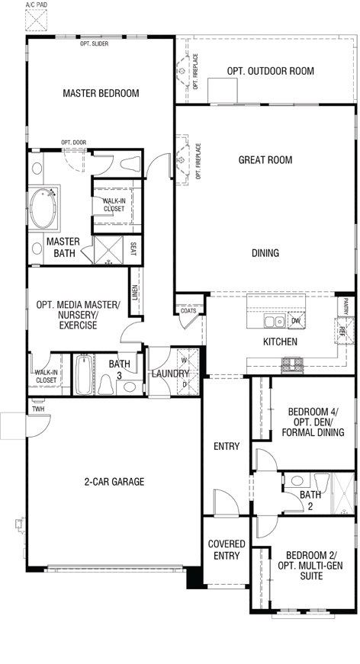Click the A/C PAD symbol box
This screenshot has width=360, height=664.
click(x=36, y=20)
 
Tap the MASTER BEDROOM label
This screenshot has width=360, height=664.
click(x=101, y=93)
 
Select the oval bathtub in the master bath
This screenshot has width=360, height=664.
click(x=43, y=208)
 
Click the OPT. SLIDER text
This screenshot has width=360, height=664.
click(x=94, y=43)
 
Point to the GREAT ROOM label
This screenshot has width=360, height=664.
click(x=265, y=159)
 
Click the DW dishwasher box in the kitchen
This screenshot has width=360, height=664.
click(x=296, y=321)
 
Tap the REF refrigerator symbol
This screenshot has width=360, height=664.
click(x=342, y=331)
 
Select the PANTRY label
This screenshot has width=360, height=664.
click(x=346, y=306)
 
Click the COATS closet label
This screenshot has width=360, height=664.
click(x=188, y=311)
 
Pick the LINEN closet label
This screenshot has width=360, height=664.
click(x=135, y=292)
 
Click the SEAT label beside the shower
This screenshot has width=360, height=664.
click(x=133, y=249)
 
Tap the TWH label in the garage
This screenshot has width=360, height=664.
click(x=38, y=409)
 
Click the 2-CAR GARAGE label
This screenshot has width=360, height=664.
click(x=114, y=482)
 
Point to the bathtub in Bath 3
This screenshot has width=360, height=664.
click(x=83, y=375)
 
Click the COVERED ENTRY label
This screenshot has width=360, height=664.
click(x=227, y=550)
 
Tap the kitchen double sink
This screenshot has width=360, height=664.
click(x=275, y=322)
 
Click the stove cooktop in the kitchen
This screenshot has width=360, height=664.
click(x=292, y=365)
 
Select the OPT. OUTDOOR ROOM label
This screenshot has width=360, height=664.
click(x=270, y=71)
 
